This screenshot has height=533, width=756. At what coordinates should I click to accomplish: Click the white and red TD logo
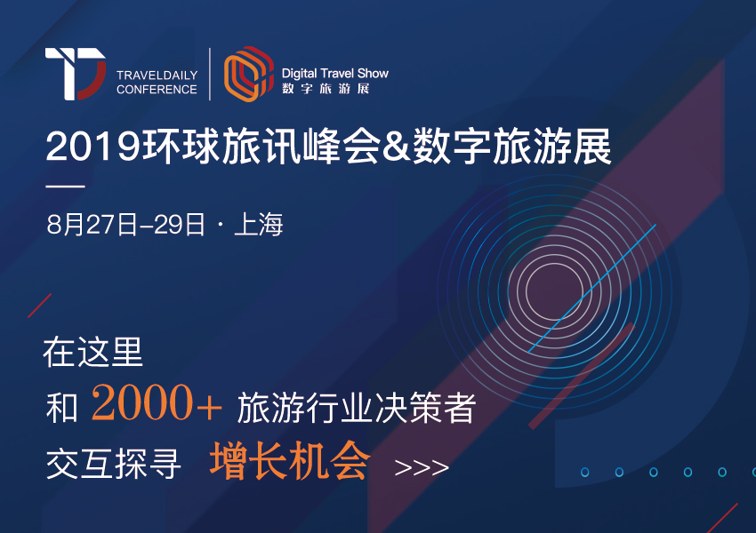pos(76,74)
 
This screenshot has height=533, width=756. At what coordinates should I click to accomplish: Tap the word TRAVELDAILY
pos(157,76)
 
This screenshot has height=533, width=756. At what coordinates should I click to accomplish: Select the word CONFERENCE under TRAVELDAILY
pos(157,90)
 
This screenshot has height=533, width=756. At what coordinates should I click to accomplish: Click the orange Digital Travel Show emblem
pos(249,74)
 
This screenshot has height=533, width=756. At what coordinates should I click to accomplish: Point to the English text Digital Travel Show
pos(335,73)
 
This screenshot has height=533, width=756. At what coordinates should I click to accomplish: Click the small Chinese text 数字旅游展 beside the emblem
pos(326,89)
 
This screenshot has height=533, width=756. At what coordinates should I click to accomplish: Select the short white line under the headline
pos(65,186)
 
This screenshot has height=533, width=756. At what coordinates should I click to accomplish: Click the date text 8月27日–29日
pos(126,225)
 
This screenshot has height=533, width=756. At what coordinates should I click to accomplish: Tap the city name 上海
pos(259,225)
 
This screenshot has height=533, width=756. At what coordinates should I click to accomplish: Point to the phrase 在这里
pos(93,352)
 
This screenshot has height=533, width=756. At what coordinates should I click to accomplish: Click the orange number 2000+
pos(157,402)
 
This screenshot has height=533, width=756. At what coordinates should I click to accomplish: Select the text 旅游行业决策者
pos(357,408)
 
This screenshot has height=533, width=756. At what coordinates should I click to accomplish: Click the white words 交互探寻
pos(114,464)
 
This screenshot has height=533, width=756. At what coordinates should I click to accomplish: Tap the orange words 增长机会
pos(290,461)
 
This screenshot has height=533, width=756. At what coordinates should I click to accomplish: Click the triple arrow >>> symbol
pos(422,467)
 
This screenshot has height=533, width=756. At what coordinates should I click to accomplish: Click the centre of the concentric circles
pos(554,291)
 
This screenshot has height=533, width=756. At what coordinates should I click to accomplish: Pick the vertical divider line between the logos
pos(210,74)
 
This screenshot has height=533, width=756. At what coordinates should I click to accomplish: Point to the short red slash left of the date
pos(39,306)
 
